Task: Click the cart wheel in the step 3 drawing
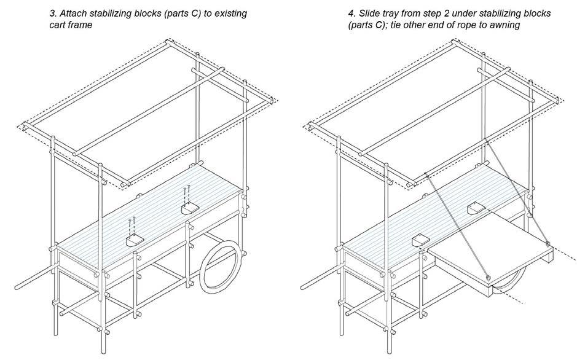point(221,264)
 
